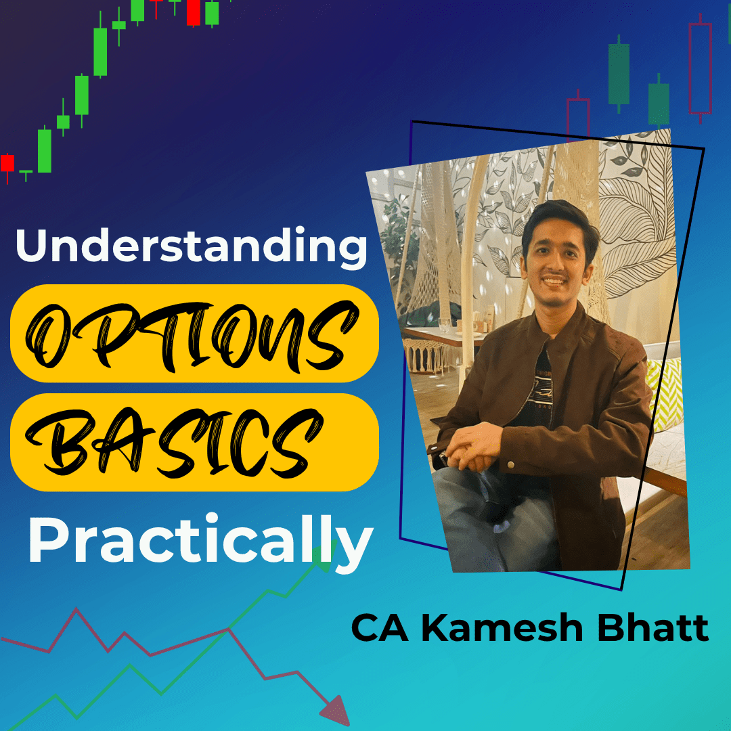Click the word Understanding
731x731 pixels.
click(191, 246)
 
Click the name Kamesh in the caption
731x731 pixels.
click(502, 628)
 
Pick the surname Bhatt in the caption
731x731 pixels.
click(653, 628)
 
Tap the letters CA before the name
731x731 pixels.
click(380, 628)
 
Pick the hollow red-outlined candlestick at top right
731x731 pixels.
click(701, 68)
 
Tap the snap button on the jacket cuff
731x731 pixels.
click(510, 465)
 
